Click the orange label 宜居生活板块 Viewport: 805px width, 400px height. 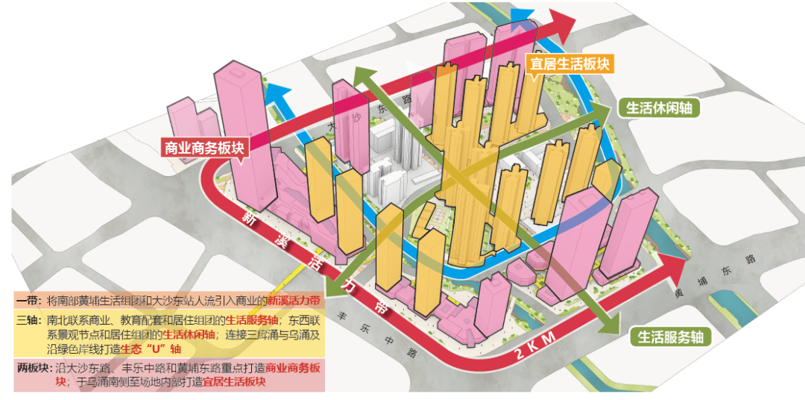569,63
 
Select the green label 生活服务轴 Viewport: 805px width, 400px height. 670,337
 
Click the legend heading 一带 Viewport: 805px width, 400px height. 28,301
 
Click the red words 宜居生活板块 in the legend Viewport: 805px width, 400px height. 235,381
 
